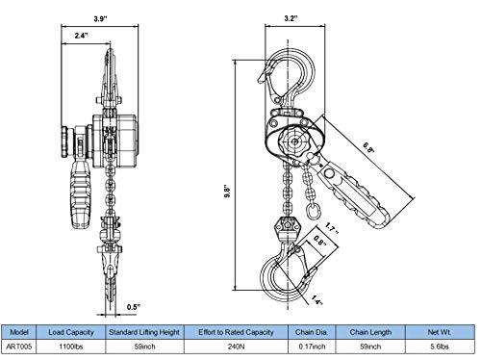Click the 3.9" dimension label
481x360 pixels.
(100, 18)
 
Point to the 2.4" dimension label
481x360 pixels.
(81, 36)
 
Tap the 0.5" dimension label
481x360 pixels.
(134, 307)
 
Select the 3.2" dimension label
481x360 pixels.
(291, 18)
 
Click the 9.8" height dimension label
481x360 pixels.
(227, 192)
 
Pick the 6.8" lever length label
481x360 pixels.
(368, 148)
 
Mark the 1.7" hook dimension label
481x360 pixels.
(331, 228)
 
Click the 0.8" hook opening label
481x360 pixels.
(319, 241)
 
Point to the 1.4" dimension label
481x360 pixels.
(316, 300)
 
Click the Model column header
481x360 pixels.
(19, 332)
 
